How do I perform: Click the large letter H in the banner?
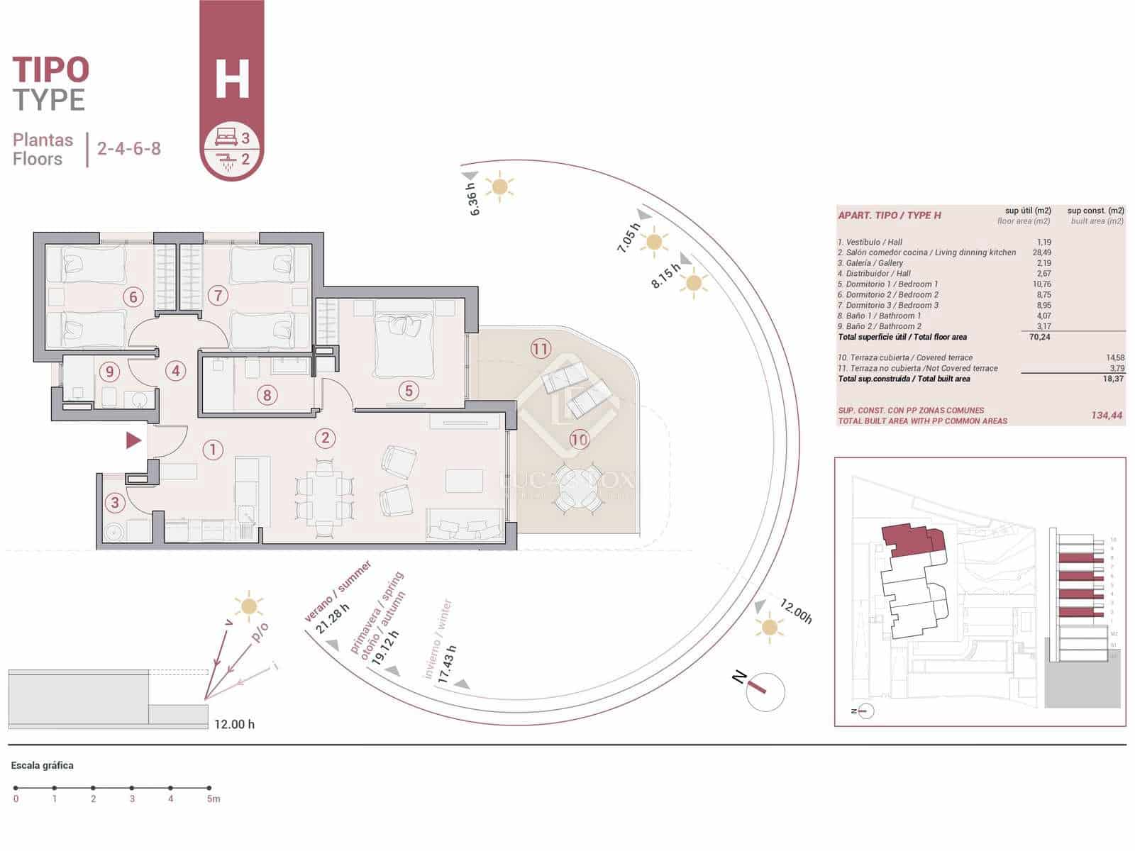[x=232, y=79]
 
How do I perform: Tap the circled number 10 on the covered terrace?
[x=579, y=440]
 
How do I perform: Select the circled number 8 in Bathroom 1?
[x=267, y=395]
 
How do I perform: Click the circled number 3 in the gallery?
[x=115, y=504]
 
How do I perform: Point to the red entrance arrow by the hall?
[x=133, y=440]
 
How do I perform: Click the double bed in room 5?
[x=404, y=338]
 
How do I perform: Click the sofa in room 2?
[x=465, y=528]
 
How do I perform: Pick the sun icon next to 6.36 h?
[x=500, y=187]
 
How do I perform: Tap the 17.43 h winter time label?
[x=446, y=664]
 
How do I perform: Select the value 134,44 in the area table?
[x=1107, y=416]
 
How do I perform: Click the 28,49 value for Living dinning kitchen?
[x=1041, y=252]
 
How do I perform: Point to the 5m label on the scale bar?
[x=214, y=799]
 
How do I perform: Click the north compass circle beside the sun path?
[x=765, y=691]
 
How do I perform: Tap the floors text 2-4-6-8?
[x=129, y=149]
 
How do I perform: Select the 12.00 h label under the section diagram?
[x=234, y=724]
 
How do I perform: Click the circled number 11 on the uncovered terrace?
[x=541, y=348]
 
